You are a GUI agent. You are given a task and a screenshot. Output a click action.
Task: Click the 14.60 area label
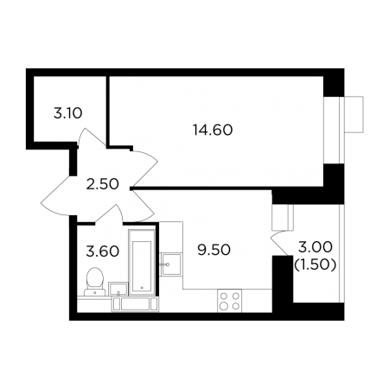click(213, 130)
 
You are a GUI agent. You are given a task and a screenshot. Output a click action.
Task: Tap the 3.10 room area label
click(68, 113)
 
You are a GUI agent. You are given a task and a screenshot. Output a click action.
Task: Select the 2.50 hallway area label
click(103, 184)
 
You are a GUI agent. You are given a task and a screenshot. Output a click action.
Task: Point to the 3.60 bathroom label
click(103, 252)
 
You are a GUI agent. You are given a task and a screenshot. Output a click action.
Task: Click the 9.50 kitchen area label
click(214, 250)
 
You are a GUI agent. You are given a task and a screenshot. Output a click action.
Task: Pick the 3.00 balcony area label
click(316, 247)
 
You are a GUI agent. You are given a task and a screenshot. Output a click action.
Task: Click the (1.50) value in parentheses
click(315, 265)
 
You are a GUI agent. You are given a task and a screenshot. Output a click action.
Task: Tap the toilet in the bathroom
click(95, 282)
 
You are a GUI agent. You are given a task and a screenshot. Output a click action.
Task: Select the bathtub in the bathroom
click(142, 262)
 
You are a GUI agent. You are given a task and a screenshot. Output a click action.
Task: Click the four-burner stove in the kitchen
click(230, 301)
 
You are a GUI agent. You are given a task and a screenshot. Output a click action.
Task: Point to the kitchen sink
click(171, 265)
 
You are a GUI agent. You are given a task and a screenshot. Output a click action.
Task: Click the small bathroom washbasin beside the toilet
click(118, 289)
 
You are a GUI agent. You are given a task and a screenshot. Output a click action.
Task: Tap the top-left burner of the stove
click(223, 296)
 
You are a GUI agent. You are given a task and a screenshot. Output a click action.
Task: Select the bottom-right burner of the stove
click(236, 306)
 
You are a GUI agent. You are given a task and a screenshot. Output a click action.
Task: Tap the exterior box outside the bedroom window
click(354, 115)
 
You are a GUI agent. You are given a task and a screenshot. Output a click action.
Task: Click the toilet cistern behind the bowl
click(95, 292)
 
